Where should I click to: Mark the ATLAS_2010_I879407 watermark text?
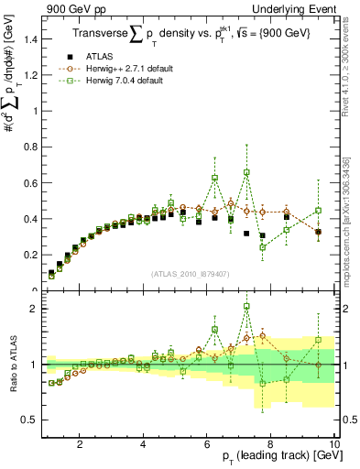(x=191, y=273)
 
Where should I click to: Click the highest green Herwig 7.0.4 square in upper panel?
(x=246, y=172)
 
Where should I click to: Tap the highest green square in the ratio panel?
(x=246, y=307)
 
